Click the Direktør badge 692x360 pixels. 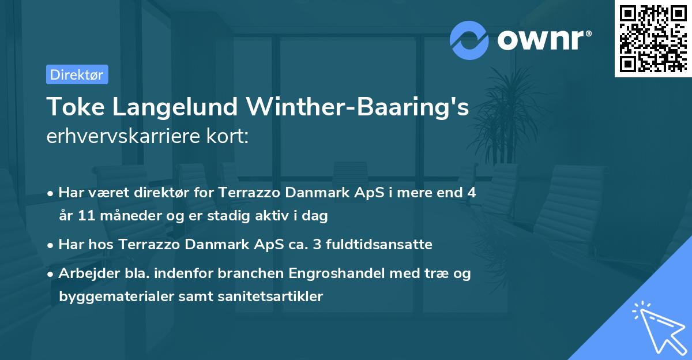77,74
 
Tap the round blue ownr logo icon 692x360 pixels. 469,40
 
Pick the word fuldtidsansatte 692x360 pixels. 383,244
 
